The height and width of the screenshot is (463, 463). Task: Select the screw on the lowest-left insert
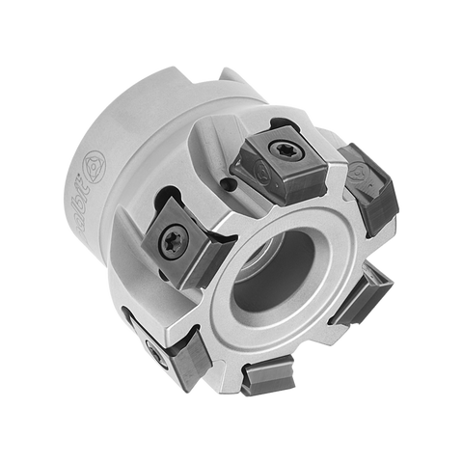click(x=154, y=345)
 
